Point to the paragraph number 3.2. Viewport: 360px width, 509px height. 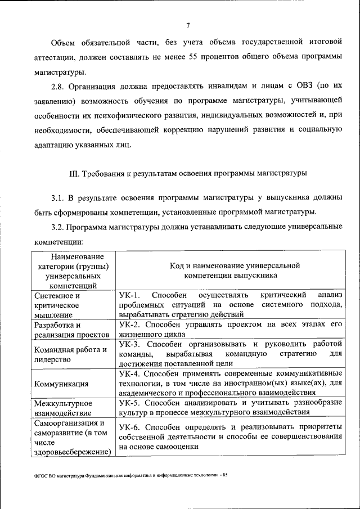coord(58,227)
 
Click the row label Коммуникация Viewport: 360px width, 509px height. coord(61,384)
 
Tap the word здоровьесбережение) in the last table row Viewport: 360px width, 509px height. coord(71,452)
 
